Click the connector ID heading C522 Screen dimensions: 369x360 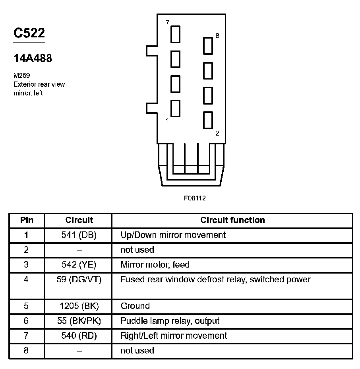point(29,33)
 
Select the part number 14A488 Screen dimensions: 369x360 point(33,58)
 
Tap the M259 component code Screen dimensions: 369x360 point(22,75)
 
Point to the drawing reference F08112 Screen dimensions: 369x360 point(195,198)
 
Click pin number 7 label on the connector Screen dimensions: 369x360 point(168,23)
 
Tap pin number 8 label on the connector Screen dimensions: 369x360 point(217,36)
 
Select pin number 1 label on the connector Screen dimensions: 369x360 point(167,120)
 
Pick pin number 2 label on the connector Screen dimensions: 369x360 point(217,134)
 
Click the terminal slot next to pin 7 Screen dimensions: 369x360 point(175,34)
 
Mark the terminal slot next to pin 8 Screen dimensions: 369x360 point(208,46)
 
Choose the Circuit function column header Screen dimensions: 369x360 point(232,220)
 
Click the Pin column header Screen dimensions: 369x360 point(27,220)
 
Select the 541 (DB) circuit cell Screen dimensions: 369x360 point(79,235)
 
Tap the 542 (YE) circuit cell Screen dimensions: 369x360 point(79,265)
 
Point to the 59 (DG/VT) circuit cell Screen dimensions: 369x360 point(79,280)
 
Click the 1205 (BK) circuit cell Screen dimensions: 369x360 point(79,306)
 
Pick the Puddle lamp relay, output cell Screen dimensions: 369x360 point(170,321)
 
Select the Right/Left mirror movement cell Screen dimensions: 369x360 point(174,336)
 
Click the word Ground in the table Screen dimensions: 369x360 point(135,306)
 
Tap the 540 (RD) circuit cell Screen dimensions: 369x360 point(79,336)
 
